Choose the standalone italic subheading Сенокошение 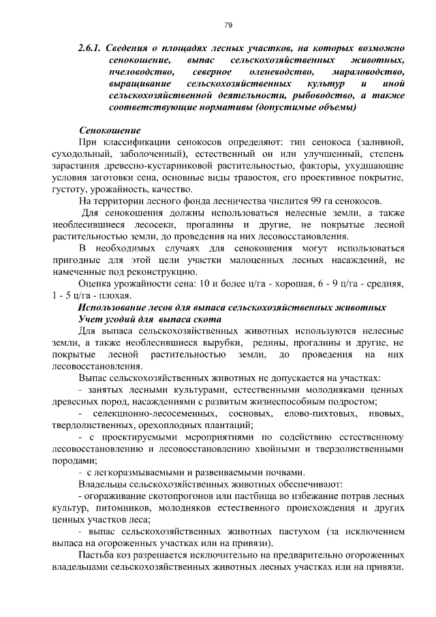110,130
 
